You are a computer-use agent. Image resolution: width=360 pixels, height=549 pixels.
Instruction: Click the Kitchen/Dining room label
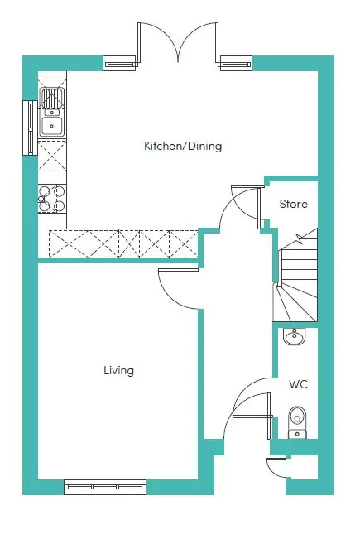(x=183, y=146)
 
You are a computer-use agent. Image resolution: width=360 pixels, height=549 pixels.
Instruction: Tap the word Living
(x=118, y=371)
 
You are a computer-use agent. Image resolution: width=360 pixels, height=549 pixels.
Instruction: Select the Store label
(x=294, y=204)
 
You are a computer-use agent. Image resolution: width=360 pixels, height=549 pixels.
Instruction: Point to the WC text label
(x=299, y=384)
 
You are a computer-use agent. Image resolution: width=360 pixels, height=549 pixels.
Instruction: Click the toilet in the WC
(x=297, y=422)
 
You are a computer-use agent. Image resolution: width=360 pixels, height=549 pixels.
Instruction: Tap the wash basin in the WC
(x=295, y=336)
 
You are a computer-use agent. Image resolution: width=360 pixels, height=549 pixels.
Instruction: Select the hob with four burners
(x=52, y=198)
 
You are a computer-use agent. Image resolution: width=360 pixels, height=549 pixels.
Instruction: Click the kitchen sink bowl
(x=52, y=126)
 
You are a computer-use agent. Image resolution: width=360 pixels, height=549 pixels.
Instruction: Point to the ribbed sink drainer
(x=52, y=98)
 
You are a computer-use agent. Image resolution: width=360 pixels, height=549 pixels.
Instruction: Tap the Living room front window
(x=105, y=487)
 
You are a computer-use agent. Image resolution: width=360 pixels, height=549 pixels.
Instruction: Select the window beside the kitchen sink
(x=31, y=128)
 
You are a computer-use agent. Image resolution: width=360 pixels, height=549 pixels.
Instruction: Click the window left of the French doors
(x=120, y=64)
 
